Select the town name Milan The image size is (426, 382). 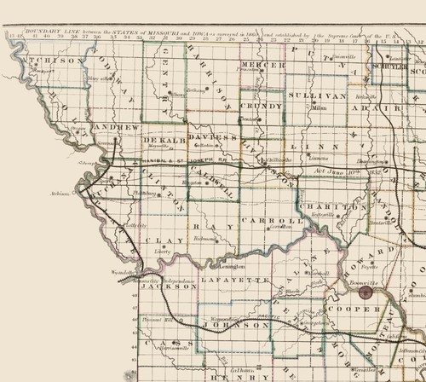pos(319,110)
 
